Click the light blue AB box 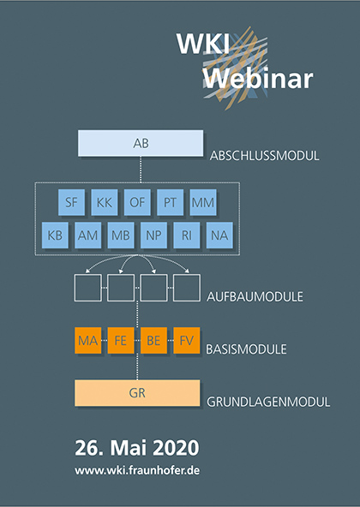pos(141,143)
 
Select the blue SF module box pos(71,202)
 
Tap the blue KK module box pos(105,202)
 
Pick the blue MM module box pos(203,202)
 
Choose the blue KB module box pos(55,235)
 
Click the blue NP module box pos(153,235)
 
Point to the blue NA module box pos(219,235)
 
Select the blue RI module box pos(187,235)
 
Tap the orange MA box pos(88,341)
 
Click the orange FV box pos(187,341)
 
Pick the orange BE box pos(153,341)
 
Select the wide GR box pos(137,393)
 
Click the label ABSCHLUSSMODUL pos(264,156)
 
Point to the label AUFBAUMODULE pos(255,296)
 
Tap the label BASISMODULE pos(246,349)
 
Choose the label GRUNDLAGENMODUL pos(268,402)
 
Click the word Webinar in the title pos(258,79)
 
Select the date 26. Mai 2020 pos(137,448)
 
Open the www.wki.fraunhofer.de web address pos(137,470)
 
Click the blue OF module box pos(137,202)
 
